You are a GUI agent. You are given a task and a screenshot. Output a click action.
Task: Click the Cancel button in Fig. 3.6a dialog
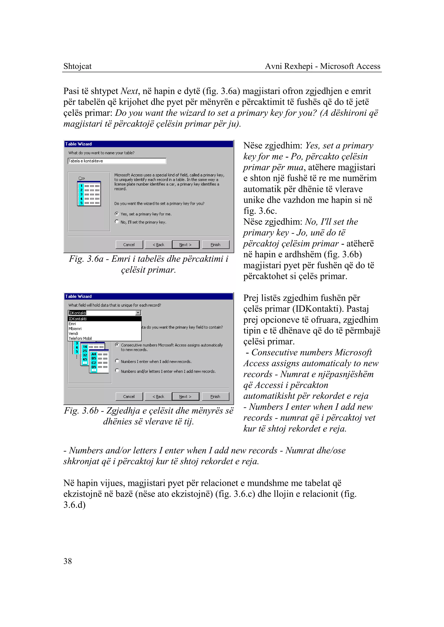(129, 245)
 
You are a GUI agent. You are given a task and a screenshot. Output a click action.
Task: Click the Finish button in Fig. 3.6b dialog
(215, 396)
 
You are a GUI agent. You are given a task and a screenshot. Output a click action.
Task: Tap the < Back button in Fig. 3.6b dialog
(158, 396)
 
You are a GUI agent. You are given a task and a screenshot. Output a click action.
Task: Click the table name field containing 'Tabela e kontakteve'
(117, 161)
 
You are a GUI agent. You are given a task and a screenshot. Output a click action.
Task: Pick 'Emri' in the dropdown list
(72, 324)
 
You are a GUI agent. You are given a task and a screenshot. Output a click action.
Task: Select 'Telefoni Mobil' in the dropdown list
(80, 338)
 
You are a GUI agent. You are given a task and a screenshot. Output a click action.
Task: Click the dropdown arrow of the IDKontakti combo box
(138, 313)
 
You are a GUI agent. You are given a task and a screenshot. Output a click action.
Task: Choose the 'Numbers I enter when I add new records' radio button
(117, 361)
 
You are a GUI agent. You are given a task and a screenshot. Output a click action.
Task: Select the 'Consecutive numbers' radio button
(117, 345)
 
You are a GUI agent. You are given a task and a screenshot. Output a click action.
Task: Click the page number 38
(67, 561)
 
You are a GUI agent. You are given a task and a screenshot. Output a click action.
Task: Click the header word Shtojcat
(77, 66)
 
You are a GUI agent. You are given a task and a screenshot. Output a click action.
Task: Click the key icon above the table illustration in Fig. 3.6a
(82, 178)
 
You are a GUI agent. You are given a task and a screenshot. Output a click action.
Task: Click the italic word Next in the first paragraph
(129, 91)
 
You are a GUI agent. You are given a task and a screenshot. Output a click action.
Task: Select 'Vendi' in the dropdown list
(73, 333)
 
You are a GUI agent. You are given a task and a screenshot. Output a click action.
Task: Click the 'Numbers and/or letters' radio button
(117, 371)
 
